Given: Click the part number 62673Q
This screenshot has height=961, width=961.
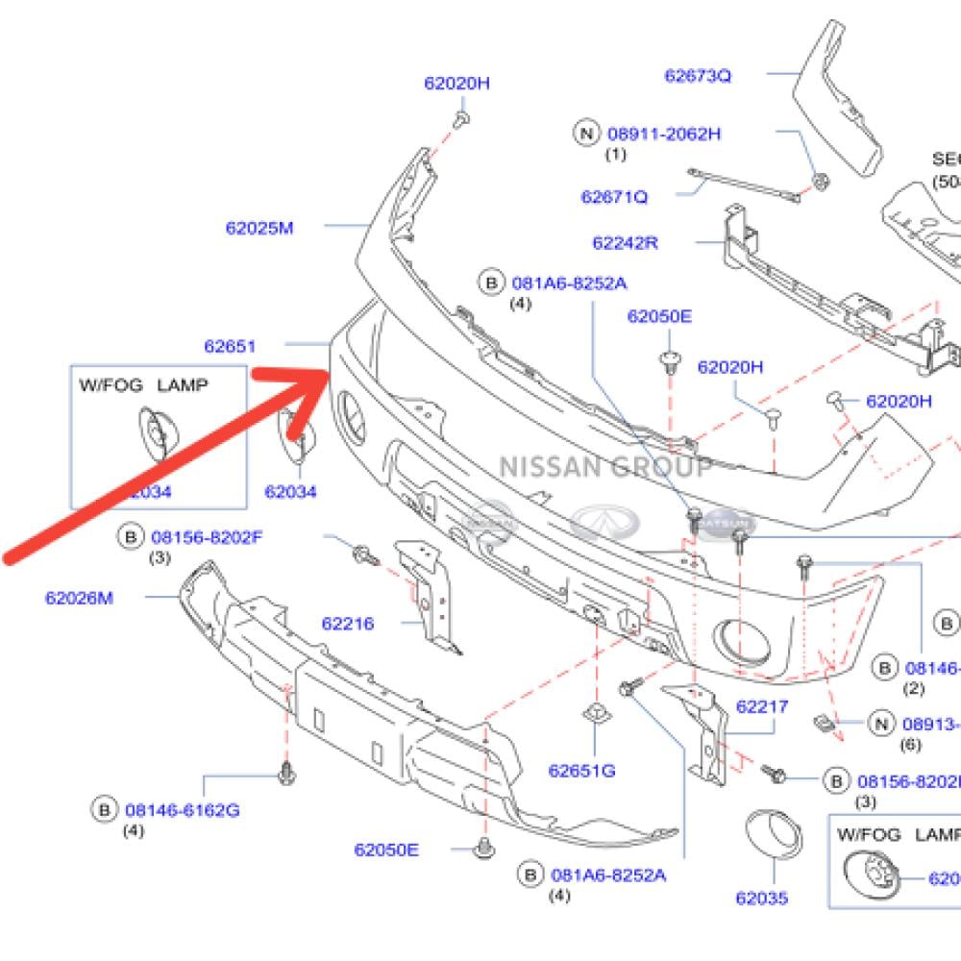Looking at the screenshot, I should pyautogui.click(x=698, y=76).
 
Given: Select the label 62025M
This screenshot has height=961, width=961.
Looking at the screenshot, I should pyautogui.click(x=259, y=228).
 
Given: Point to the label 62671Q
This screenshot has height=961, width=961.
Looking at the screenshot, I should pyautogui.click(x=614, y=197).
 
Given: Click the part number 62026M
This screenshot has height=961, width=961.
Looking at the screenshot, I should pyautogui.click(x=79, y=598).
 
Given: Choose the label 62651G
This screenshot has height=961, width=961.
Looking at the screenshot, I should pyautogui.click(x=582, y=770).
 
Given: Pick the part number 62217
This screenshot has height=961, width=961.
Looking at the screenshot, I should pyautogui.click(x=762, y=706).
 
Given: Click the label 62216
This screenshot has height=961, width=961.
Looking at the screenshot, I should pyautogui.click(x=348, y=624).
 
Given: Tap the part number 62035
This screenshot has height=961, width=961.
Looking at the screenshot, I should pyautogui.click(x=762, y=898).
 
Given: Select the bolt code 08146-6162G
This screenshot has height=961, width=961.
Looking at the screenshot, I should pyautogui.click(x=183, y=810).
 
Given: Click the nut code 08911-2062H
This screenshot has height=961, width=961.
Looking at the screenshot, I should pyautogui.click(x=663, y=134).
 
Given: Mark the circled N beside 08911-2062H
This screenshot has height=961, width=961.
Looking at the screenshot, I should pyautogui.click(x=586, y=134).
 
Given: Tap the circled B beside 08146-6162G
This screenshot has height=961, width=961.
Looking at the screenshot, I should pyautogui.click(x=104, y=810).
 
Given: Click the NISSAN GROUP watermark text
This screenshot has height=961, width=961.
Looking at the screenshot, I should pyautogui.click(x=605, y=468).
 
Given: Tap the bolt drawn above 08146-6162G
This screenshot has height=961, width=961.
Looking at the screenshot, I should pyautogui.click(x=286, y=771).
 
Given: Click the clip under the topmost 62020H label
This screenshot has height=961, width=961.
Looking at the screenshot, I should pyautogui.click(x=461, y=119).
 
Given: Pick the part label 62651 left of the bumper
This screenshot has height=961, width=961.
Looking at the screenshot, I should pyautogui.click(x=230, y=346).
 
